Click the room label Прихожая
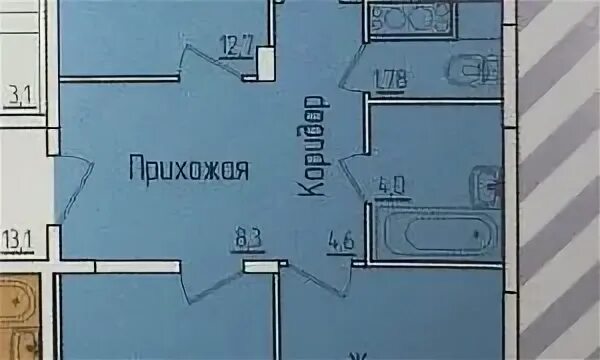(x=188, y=169)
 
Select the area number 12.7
(x=235, y=44)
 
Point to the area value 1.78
(x=389, y=78)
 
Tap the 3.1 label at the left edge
(x=18, y=96)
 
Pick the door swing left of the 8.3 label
(x=212, y=284)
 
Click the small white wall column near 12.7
(x=265, y=62)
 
